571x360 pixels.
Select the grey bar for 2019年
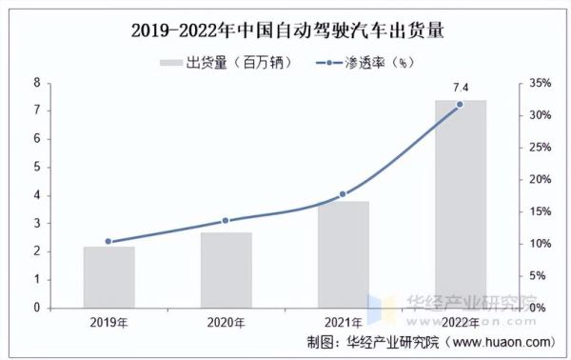109,277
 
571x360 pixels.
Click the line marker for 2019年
109,242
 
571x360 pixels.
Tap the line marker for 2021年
344,194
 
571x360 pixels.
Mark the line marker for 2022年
461,105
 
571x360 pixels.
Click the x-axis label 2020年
226,322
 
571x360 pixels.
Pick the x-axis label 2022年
461,322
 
